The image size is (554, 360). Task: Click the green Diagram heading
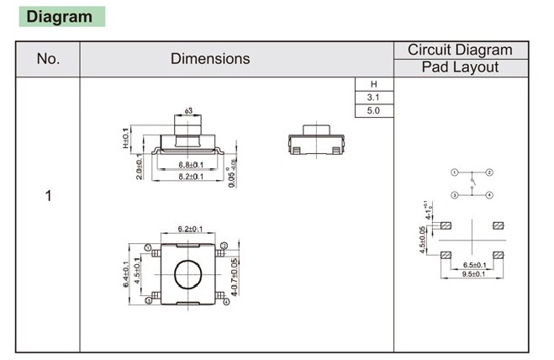[60, 17]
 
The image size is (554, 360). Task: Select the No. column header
[48, 59]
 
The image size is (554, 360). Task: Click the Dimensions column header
[210, 59]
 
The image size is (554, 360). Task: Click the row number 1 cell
[48, 196]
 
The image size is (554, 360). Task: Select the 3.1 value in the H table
[374, 98]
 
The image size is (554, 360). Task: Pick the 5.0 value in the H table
[374, 111]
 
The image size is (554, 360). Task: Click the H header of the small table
[374, 84]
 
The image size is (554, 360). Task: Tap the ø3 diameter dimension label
[188, 111]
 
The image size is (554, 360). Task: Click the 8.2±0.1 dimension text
[192, 177]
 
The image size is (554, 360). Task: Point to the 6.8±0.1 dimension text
[192, 164]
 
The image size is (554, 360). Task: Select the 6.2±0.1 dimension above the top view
[191, 230]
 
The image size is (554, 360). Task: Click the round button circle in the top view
[189, 274]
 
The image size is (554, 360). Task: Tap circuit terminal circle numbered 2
[489, 172]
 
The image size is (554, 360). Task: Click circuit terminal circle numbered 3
[455, 195]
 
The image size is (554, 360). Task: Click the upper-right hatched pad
[498, 225]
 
